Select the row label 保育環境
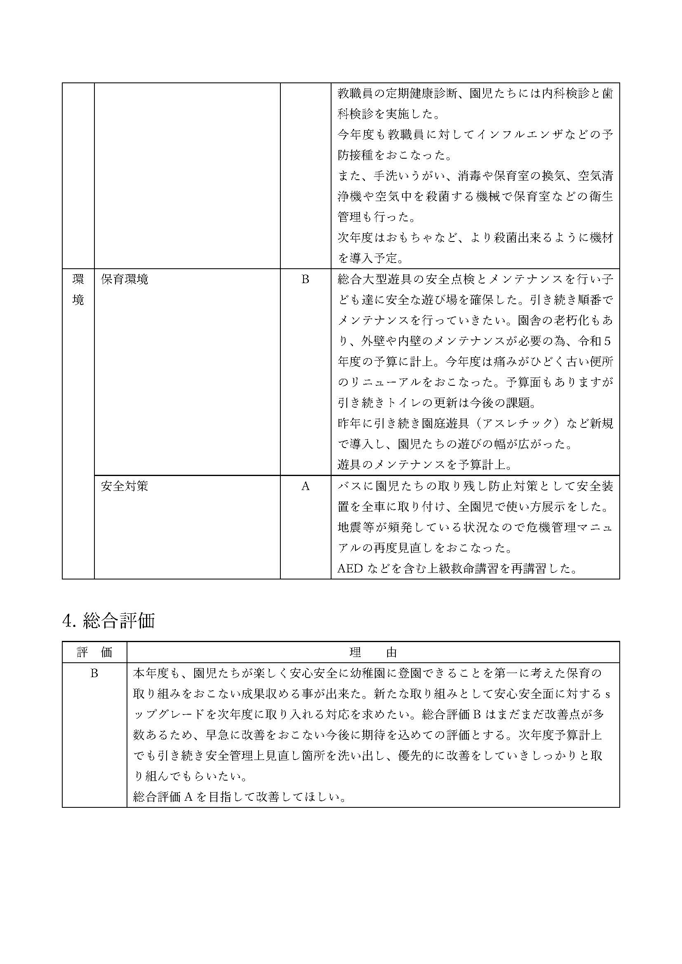[x=124, y=279]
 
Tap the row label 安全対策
[x=124, y=486]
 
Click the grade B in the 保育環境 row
[x=305, y=279]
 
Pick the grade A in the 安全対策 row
[x=305, y=486]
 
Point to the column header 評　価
[x=94, y=652]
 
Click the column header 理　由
[x=373, y=652]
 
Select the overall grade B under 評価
[x=94, y=673]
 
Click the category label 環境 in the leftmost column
[x=78, y=289]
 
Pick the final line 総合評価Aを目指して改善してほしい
[x=240, y=797]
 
